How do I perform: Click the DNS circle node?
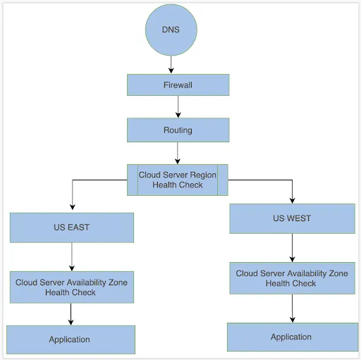171,30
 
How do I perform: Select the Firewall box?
178,85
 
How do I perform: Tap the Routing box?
178,130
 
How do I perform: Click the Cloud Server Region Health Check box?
178,180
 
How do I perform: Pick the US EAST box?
71,228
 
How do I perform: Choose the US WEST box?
292,218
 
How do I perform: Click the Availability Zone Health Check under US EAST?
71,287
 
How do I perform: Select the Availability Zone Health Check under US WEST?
292,278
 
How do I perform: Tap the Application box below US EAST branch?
70,340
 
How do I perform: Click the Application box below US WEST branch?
291,337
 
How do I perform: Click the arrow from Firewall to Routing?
178,106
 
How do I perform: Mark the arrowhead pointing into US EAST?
72,209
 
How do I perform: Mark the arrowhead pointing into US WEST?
292,200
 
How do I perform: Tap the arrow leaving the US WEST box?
292,247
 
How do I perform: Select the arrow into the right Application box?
292,308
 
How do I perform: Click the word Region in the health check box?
202,175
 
